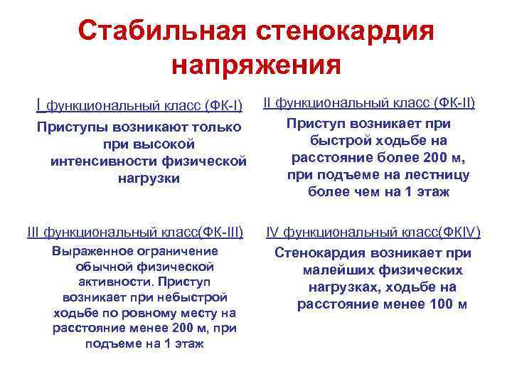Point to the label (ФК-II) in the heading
click(453, 103)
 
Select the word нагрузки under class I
click(149, 178)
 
